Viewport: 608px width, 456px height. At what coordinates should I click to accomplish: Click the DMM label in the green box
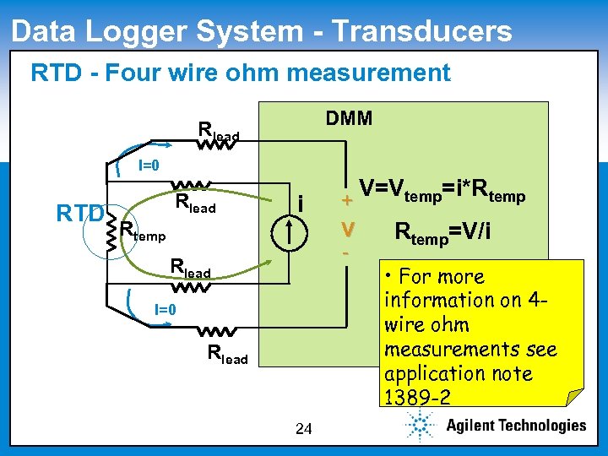pyautogui.click(x=349, y=118)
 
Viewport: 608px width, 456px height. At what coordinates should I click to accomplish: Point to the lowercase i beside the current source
pyautogui.click(x=302, y=203)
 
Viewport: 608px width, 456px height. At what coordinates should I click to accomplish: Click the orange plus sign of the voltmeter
pyautogui.click(x=345, y=201)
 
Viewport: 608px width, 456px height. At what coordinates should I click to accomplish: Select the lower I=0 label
pyautogui.click(x=165, y=309)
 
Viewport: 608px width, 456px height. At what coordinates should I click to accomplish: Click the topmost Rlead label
pyautogui.click(x=218, y=131)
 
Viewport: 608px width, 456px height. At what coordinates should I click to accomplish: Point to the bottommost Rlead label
pyautogui.click(x=227, y=355)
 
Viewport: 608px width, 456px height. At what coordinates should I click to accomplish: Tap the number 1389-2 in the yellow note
pyautogui.click(x=416, y=397)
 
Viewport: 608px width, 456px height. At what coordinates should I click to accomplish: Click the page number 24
pyautogui.click(x=304, y=430)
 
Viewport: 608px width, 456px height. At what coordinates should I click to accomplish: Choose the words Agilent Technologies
pyautogui.click(x=515, y=426)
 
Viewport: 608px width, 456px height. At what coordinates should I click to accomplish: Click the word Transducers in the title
pyautogui.click(x=422, y=31)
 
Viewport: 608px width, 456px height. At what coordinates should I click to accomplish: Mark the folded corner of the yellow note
pyautogui.click(x=574, y=398)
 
